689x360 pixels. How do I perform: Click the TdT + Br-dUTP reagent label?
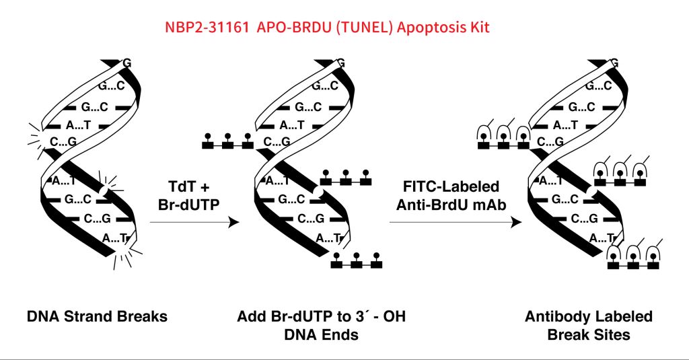coord(188,195)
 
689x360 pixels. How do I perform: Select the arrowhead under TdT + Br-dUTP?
coord(234,222)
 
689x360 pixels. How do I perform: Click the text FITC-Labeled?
coord(451,186)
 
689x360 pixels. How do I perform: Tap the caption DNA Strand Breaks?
coord(97,316)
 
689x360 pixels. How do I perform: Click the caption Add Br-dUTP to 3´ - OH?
coord(321,316)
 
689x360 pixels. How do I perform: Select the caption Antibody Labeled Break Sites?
coord(588,326)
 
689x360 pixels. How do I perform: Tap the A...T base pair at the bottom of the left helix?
coord(115,238)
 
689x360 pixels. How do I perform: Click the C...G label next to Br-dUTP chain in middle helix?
coord(277,141)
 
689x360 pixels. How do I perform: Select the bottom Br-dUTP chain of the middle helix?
coord(357,261)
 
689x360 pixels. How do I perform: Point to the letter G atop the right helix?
coord(615,63)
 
